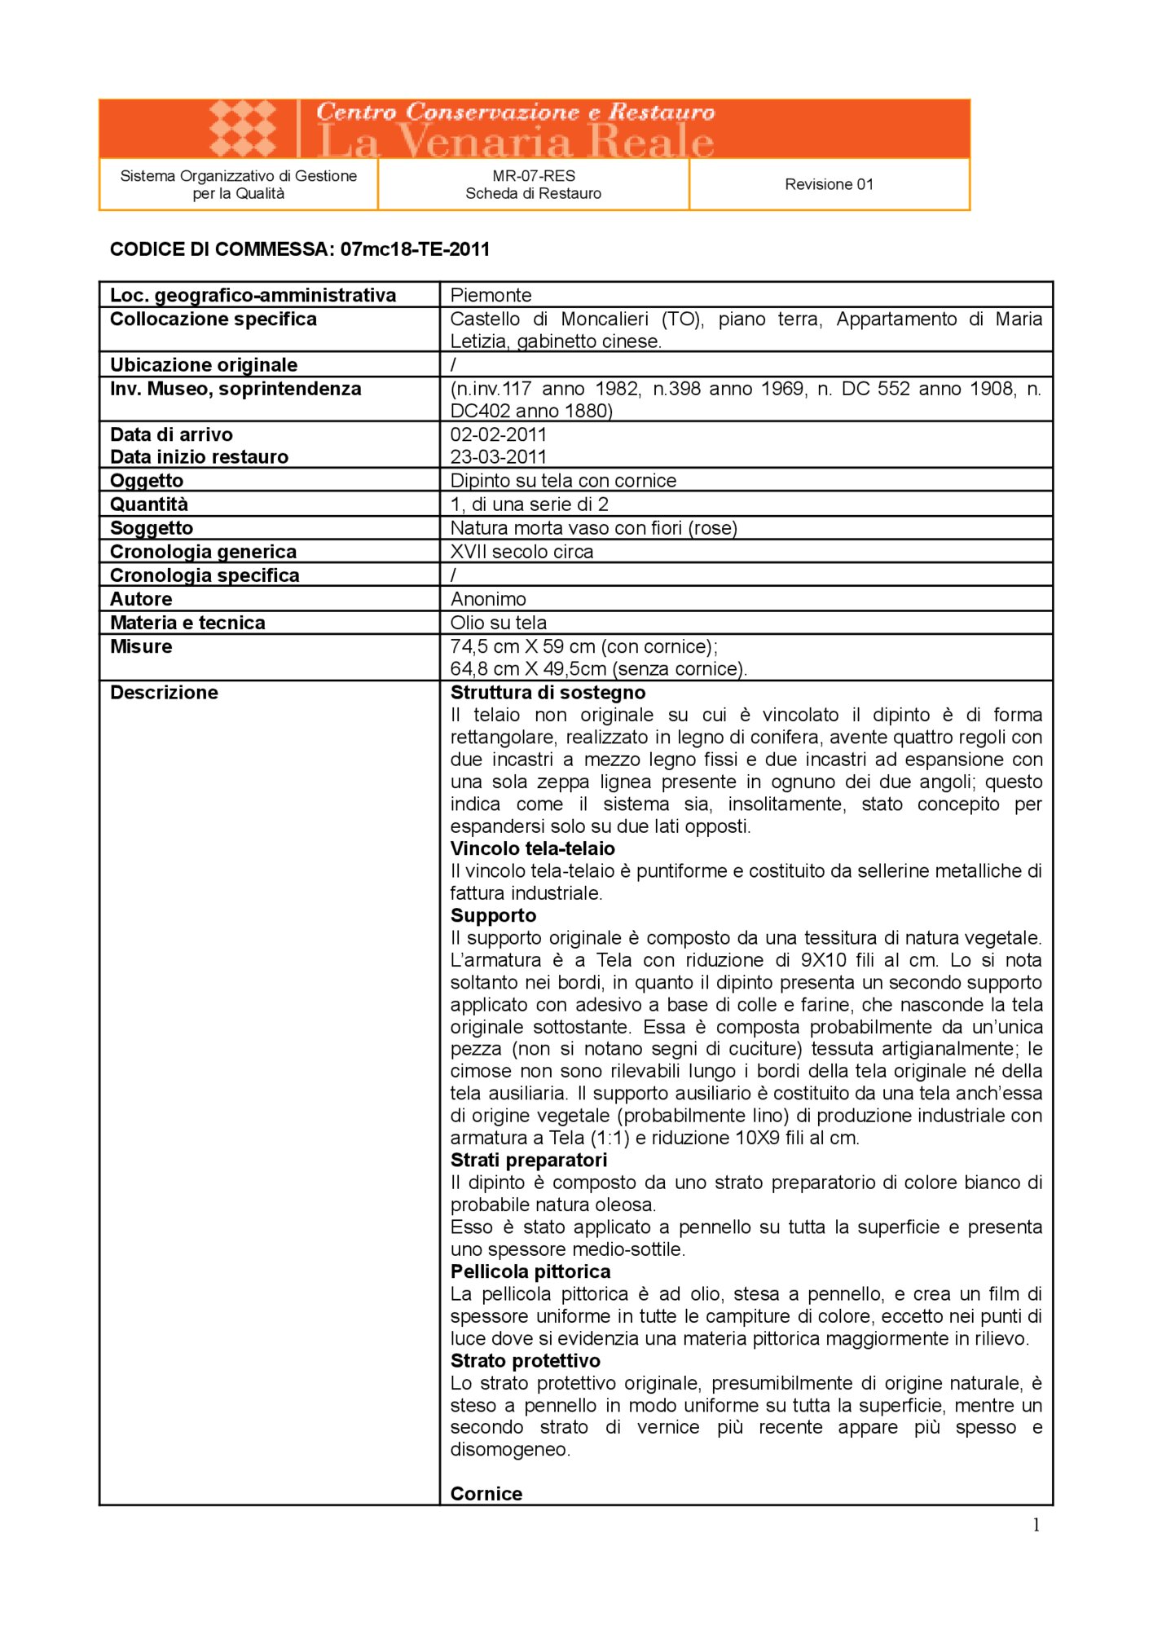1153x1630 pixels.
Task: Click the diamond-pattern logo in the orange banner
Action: click(x=243, y=128)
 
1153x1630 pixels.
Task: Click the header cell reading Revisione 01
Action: click(x=829, y=184)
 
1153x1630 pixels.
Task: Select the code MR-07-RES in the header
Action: click(x=534, y=175)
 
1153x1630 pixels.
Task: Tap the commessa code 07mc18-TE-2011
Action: click(x=416, y=249)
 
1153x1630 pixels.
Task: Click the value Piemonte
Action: click(x=491, y=295)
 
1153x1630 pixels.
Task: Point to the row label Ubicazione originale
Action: click(x=204, y=364)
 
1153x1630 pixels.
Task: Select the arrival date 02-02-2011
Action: click(x=498, y=434)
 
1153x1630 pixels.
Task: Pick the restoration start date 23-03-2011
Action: click(x=498, y=456)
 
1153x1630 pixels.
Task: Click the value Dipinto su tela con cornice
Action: click(x=563, y=480)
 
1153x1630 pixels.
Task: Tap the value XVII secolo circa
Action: click(x=521, y=551)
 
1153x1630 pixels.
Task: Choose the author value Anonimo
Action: click(x=488, y=599)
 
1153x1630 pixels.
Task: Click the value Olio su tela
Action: click(x=498, y=623)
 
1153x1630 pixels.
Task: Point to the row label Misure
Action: click(x=141, y=646)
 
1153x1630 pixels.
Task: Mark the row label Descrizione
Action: click(x=164, y=692)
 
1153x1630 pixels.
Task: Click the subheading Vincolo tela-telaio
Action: click(x=532, y=848)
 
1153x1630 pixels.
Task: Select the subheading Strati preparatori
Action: click(x=528, y=1160)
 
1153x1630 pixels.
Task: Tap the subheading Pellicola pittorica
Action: click(x=530, y=1271)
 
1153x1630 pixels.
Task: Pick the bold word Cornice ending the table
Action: click(x=486, y=1494)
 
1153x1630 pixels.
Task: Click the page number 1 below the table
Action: click(x=1036, y=1525)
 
